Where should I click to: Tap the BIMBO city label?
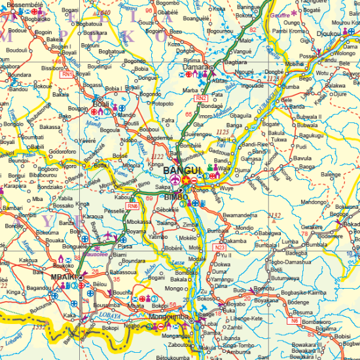click(x=175, y=196)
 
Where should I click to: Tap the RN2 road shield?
click(x=200, y=98)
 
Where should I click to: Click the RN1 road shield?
click(x=67, y=75)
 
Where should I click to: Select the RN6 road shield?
click(x=133, y=206)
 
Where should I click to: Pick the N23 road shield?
click(x=220, y=247)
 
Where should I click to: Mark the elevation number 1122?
click(x=157, y=157)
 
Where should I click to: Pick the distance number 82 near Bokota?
click(x=253, y=30)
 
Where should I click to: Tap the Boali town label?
click(x=100, y=103)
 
